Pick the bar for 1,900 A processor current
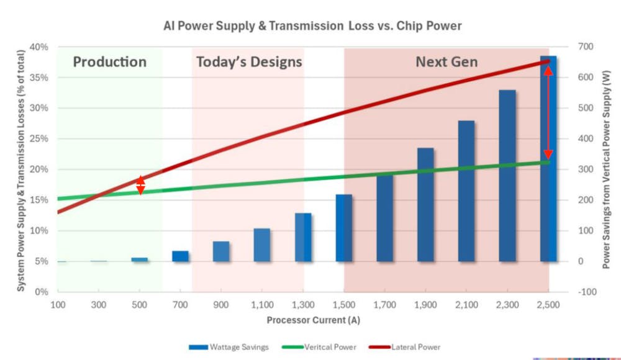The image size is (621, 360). [425, 205]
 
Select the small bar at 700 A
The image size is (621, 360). [180, 256]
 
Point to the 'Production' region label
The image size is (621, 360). [109, 62]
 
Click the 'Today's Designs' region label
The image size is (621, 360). [249, 62]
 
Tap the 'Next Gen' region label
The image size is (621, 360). [446, 62]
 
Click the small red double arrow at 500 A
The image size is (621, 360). [140, 185]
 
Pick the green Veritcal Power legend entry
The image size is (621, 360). [322, 347]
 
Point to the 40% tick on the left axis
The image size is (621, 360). [39, 47]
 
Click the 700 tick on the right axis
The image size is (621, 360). [586, 47]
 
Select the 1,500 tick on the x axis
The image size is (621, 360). [343, 305]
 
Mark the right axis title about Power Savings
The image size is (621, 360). [610, 169]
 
